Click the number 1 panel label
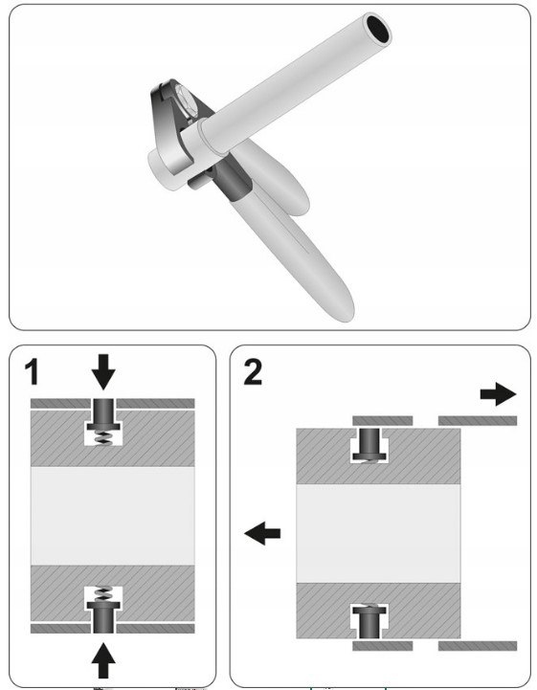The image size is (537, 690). pyautogui.click(x=32, y=372)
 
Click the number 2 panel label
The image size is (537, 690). pyautogui.click(x=253, y=372)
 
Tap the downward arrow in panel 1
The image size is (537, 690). pyautogui.click(x=103, y=372)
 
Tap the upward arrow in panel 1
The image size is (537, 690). pyautogui.click(x=103, y=660)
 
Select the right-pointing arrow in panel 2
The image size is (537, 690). pyautogui.click(x=498, y=394)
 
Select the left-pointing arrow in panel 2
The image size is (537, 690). pyautogui.click(x=262, y=533)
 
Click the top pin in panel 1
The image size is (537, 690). pyautogui.click(x=103, y=414)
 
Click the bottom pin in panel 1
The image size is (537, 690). pyautogui.click(x=103, y=617)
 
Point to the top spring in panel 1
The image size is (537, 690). pyautogui.click(x=104, y=437)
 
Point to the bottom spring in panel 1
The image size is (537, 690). pyautogui.click(x=104, y=594)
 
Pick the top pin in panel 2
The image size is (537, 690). pyautogui.click(x=369, y=444)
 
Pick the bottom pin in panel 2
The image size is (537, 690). pyautogui.click(x=369, y=622)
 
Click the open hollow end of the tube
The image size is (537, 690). pyautogui.click(x=378, y=29)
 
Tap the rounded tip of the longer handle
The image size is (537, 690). pyautogui.click(x=346, y=310)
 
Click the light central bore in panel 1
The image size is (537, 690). pyautogui.click(x=112, y=516)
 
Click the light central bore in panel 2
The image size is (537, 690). pyautogui.click(x=378, y=533)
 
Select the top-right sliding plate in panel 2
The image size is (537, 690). pyautogui.click(x=478, y=421)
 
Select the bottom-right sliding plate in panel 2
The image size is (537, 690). pyautogui.click(x=478, y=646)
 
